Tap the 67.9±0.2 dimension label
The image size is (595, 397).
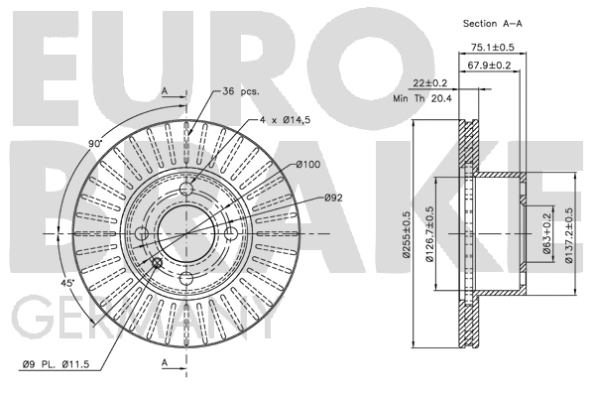coord(488,65)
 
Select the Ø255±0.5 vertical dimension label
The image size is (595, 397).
coord(407,233)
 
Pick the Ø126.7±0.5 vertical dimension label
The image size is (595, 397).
coord(430,233)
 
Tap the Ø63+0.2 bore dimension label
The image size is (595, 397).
coord(548,234)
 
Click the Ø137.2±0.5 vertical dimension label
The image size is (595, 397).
coord(569,233)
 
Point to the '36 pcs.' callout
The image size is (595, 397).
coord(241,90)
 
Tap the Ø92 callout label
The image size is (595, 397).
coord(333,198)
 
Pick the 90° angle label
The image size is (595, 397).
coord(95,144)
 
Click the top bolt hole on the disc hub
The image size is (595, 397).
coord(186,189)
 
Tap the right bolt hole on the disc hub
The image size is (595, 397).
coord(231,233)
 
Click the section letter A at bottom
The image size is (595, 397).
coord(165,363)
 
